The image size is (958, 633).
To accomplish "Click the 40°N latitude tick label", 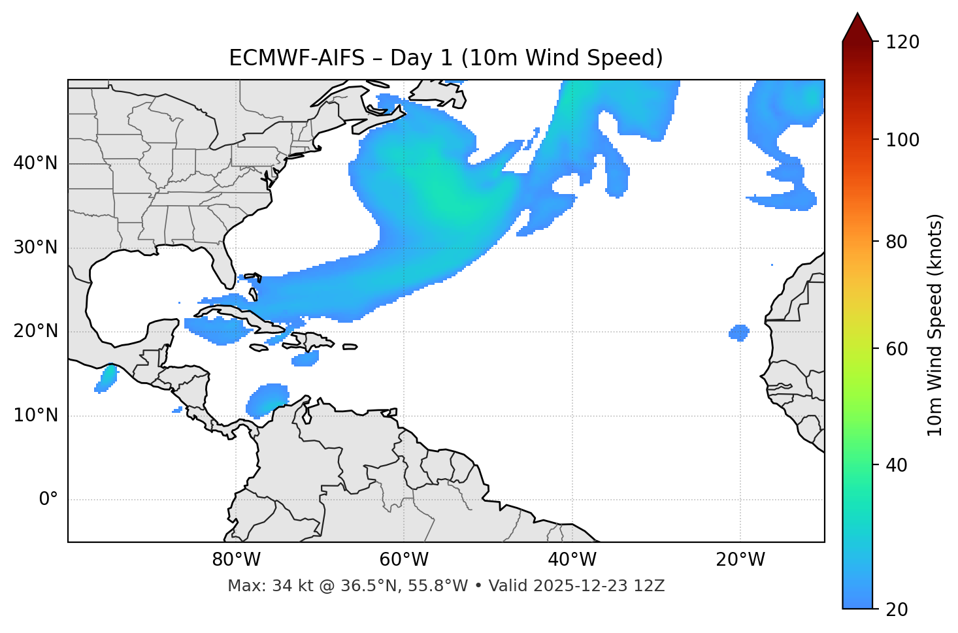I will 35,163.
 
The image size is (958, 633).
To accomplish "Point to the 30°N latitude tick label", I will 35,248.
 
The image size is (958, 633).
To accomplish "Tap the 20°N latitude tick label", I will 35,331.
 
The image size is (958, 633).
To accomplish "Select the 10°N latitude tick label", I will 35,415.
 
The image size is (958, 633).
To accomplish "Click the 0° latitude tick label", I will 48,500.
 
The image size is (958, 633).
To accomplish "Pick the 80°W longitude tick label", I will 236,560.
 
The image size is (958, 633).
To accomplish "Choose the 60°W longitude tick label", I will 404,560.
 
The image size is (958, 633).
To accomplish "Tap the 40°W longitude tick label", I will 572,560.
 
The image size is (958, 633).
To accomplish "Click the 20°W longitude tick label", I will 740,560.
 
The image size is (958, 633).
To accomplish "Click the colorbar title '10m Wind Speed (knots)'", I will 935,325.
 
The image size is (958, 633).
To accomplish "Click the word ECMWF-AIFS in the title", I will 296,58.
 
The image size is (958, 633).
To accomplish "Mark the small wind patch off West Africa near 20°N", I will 738,333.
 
